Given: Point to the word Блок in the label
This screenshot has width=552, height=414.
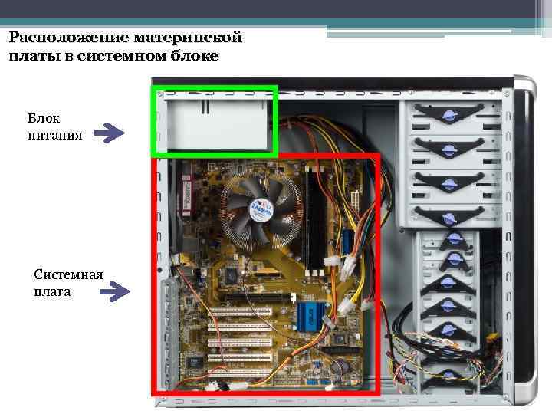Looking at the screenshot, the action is (44, 119).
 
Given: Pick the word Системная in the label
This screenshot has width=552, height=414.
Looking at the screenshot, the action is (69, 274).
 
